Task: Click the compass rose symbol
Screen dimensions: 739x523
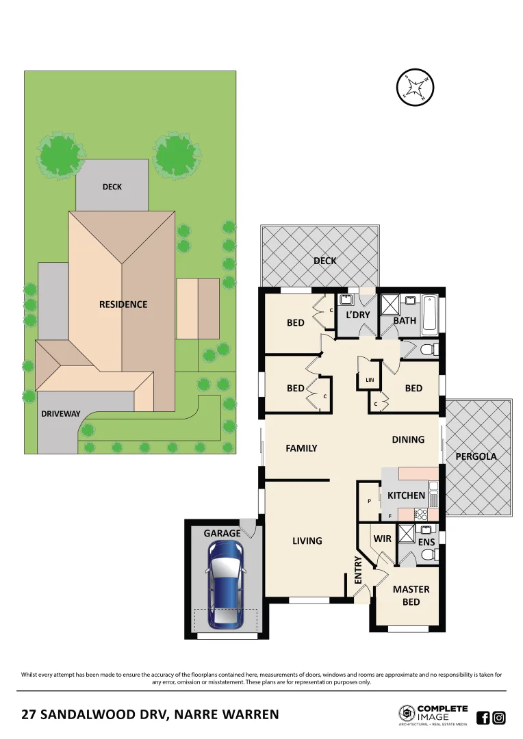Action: (x=416, y=88)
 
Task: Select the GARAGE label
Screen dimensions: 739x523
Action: (x=222, y=533)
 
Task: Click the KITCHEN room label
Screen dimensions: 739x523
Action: (x=407, y=495)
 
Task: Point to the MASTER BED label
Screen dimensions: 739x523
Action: (x=411, y=595)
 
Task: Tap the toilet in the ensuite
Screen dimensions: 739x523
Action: (x=427, y=555)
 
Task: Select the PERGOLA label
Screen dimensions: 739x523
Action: (x=476, y=456)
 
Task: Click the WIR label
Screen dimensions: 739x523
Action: (x=383, y=539)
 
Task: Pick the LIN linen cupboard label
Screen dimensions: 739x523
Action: (x=370, y=380)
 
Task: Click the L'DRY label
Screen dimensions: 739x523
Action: (x=357, y=315)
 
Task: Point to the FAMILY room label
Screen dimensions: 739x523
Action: (x=301, y=448)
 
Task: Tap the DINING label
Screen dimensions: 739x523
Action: (x=408, y=439)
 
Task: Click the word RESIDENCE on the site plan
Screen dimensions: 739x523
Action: (x=123, y=304)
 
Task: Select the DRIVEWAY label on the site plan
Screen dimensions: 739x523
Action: (x=61, y=413)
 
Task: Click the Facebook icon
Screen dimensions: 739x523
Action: (x=483, y=718)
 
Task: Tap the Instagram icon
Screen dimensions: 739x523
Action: (x=499, y=718)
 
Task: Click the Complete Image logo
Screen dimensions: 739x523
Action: (x=434, y=715)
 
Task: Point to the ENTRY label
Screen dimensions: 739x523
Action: (x=358, y=569)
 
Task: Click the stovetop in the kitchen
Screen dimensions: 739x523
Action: (x=422, y=515)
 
